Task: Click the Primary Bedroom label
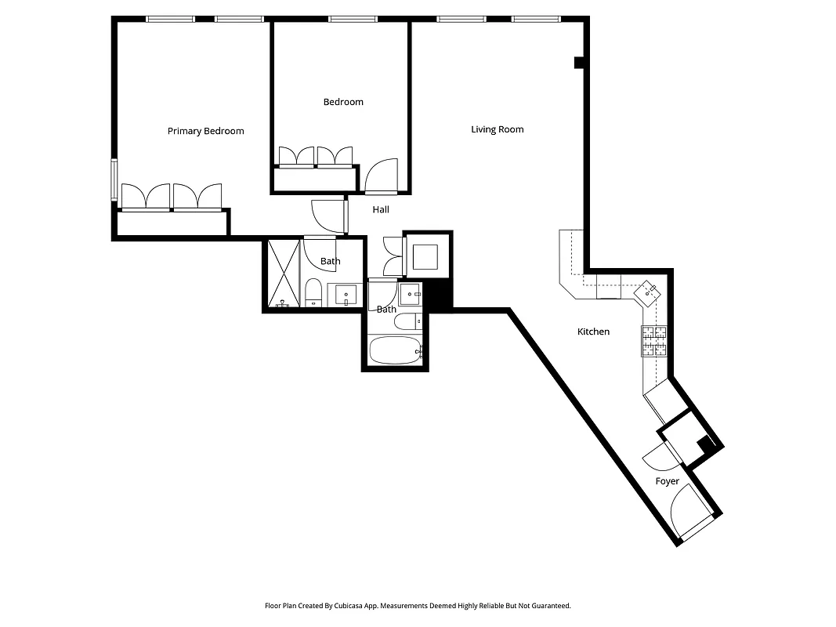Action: point(205,131)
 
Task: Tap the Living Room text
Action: point(497,129)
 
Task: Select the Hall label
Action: point(381,209)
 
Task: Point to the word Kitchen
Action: point(593,332)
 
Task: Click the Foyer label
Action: point(667,481)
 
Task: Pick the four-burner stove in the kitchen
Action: point(654,341)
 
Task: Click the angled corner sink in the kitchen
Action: point(650,292)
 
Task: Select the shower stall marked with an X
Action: point(284,274)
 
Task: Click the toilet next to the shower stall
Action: point(313,292)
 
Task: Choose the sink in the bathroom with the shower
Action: point(345,295)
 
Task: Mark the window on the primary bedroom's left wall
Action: point(114,180)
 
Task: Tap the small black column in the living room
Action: point(579,62)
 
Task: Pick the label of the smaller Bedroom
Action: point(343,102)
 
